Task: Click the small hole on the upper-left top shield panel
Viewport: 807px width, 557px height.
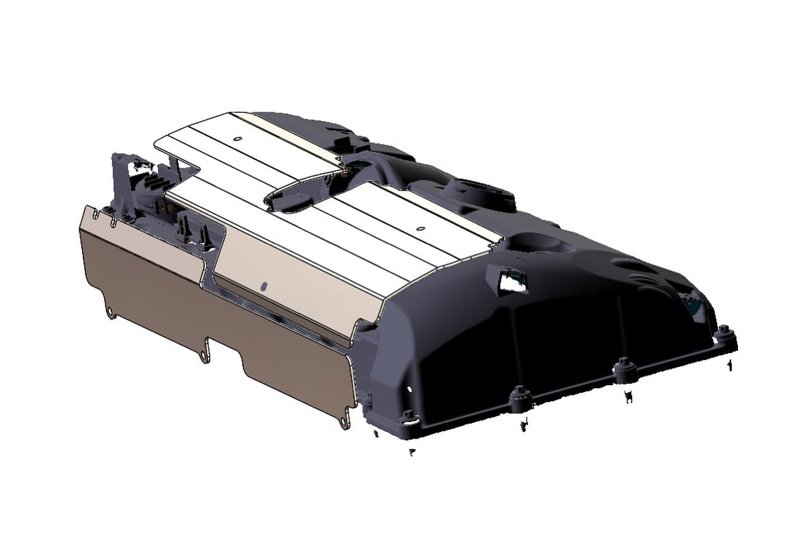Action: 237,139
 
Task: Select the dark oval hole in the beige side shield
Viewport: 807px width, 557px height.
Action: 264,283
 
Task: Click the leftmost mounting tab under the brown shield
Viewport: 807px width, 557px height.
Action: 111,314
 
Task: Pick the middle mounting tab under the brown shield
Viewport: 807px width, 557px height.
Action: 203,357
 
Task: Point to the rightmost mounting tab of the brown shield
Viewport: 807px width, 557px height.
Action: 343,423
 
